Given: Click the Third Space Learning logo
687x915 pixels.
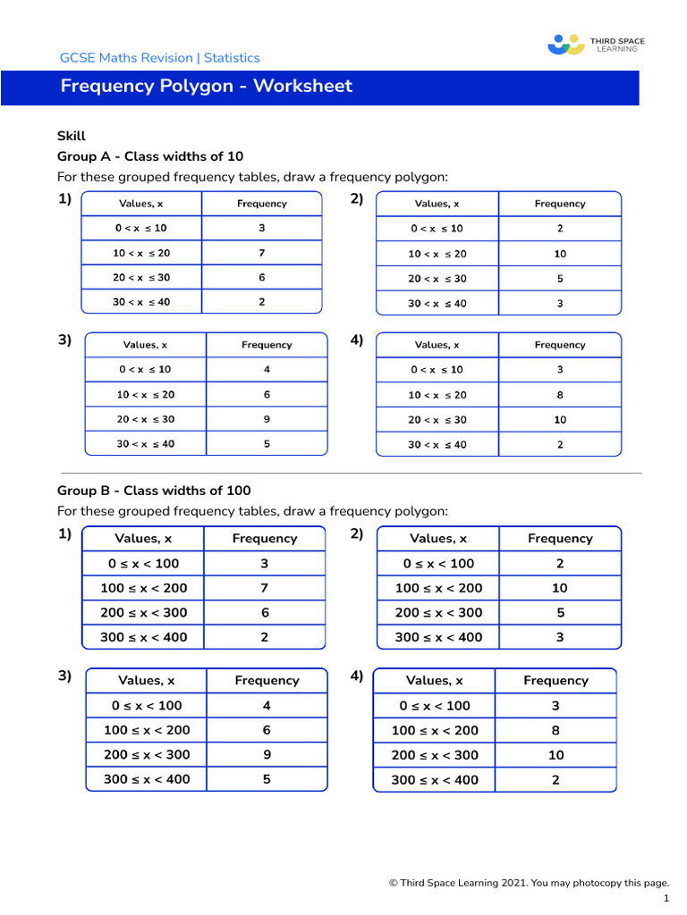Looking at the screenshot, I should pyautogui.click(x=596, y=44).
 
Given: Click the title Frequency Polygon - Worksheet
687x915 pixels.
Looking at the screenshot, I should pyautogui.click(x=207, y=87).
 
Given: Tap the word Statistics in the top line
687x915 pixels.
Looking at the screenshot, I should pyautogui.click(x=232, y=58).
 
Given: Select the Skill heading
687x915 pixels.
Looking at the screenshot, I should pyautogui.click(x=72, y=136).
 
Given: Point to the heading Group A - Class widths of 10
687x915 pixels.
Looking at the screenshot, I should pyautogui.click(x=150, y=155).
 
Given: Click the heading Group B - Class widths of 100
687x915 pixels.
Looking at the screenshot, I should pyautogui.click(x=154, y=491).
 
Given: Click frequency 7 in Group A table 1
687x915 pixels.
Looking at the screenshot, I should pyautogui.click(x=262, y=253).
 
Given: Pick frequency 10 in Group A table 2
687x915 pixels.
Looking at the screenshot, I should pyautogui.click(x=560, y=254).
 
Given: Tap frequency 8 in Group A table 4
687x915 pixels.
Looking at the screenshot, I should pyautogui.click(x=560, y=394).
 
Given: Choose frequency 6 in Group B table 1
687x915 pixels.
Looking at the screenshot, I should pyautogui.click(x=265, y=613).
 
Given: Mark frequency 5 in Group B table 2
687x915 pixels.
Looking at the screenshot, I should pyautogui.click(x=560, y=613).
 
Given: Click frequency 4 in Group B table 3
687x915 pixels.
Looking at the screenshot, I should pyautogui.click(x=267, y=705).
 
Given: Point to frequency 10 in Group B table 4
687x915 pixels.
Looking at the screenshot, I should pyautogui.click(x=556, y=755).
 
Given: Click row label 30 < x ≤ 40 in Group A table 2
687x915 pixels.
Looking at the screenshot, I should pyautogui.click(x=437, y=304).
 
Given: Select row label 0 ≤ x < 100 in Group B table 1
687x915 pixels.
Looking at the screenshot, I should pyautogui.click(x=143, y=564).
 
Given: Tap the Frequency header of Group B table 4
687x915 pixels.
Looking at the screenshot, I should pyautogui.click(x=556, y=681).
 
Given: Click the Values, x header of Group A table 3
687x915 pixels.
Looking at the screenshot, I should pyautogui.click(x=145, y=345).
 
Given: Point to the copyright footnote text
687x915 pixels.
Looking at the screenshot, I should pyautogui.click(x=529, y=883).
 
